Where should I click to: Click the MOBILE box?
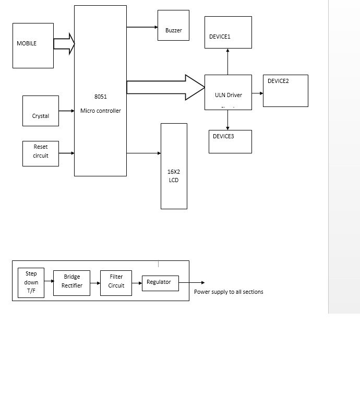click(x=33, y=45)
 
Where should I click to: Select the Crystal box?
click(x=41, y=111)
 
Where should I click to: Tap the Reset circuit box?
click(x=41, y=153)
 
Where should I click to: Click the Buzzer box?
click(x=173, y=25)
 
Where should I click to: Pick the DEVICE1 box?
click(x=228, y=32)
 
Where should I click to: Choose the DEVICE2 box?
click(x=285, y=91)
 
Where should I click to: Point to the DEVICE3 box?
click(x=230, y=141)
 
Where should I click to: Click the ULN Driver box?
click(x=228, y=92)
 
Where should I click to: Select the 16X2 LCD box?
click(x=174, y=166)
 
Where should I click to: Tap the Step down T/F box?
click(x=31, y=283)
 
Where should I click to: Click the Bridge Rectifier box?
click(x=72, y=283)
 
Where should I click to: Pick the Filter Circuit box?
click(x=116, y=283)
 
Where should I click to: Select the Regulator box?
click(x=160, y=283)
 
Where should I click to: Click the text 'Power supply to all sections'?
click(x=229, y=292)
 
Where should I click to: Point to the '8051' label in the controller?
click(x=100, y=97)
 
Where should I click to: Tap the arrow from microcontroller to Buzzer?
click(x=142, y=27)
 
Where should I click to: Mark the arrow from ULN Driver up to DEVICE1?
click(x=228, y=62)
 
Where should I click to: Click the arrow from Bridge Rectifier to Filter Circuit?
click(x=95, y=283)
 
